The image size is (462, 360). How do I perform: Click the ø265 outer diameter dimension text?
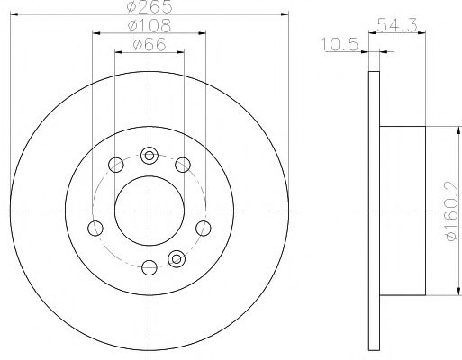point(148,8)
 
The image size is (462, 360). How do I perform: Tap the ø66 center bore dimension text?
point(148,46)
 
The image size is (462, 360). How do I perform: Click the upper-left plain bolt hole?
point(114,165)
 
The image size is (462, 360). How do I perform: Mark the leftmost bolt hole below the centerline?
point(93,227)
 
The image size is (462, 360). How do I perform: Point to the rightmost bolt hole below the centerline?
point(204,227)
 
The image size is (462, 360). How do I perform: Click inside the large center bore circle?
point(148,209)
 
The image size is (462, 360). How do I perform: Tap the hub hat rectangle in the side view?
point(403,209)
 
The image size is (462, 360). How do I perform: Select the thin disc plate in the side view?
point(375,209)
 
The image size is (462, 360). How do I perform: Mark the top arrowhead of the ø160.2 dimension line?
point(443,131)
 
